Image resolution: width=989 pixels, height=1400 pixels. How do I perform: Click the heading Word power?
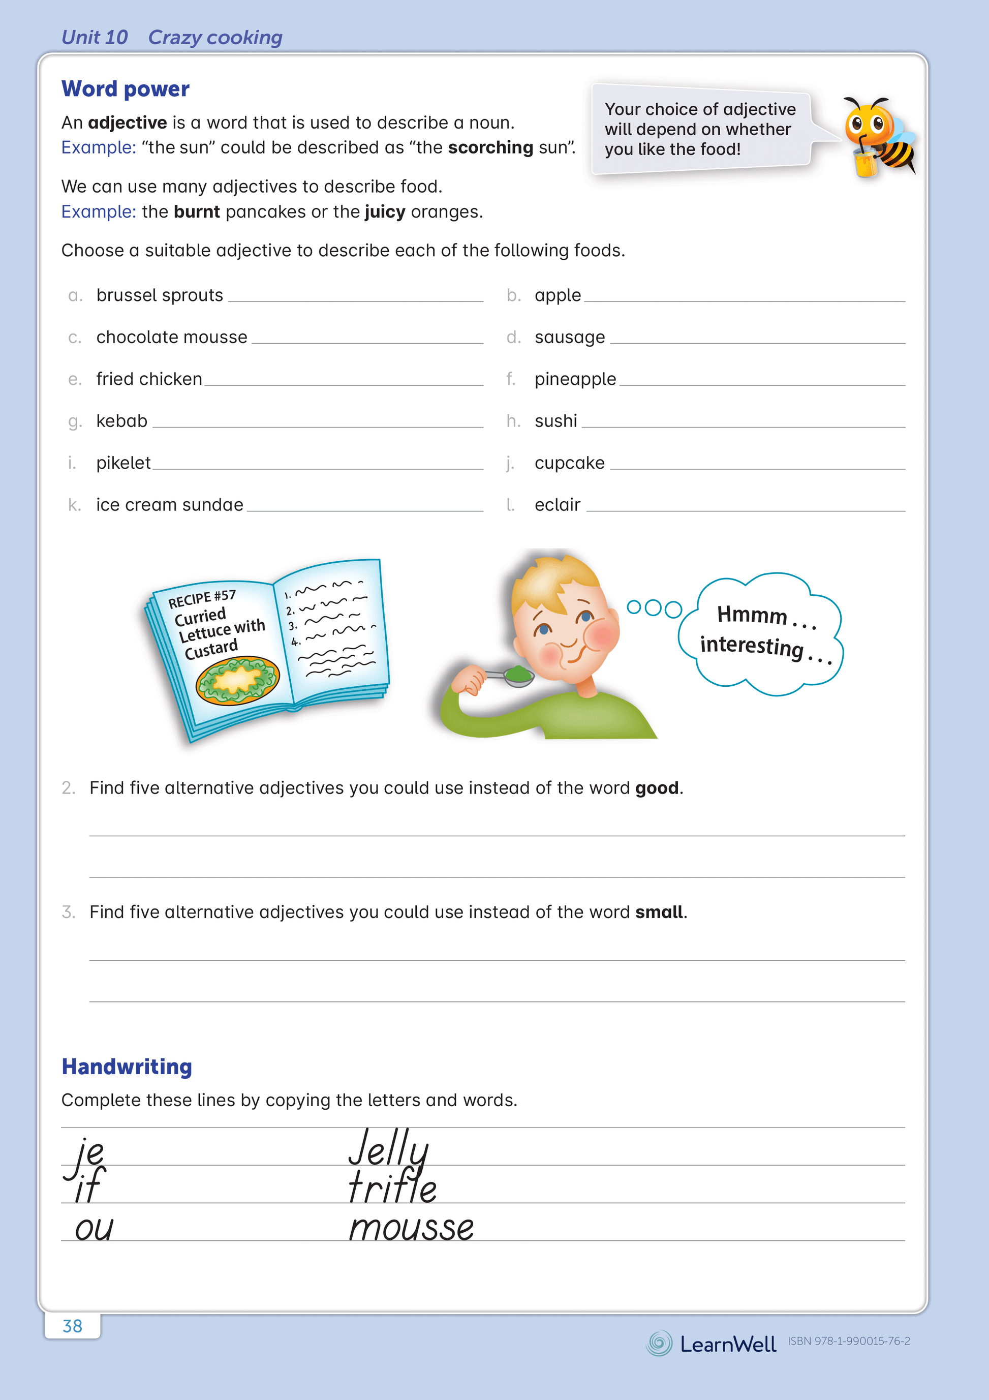coord(125,89)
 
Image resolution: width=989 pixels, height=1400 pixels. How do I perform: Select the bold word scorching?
coord(490,147)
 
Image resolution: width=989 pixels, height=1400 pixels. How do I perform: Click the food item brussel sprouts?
coord(160,295)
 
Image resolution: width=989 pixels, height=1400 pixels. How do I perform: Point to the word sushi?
coord(555,421)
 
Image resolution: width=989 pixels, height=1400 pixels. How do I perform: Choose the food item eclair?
coord(558,505)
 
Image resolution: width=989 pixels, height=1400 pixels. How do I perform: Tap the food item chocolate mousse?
coord(171,337)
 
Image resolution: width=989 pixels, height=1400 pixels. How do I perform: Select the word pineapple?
coord(575,379)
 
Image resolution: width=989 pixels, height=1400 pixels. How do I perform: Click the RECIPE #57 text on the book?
coord(202,599)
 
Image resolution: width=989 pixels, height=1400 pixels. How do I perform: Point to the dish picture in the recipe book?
coord(237,680)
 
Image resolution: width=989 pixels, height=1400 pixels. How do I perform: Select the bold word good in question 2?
coord(656,788)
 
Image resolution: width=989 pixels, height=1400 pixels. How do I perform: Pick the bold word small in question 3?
coord(659,912)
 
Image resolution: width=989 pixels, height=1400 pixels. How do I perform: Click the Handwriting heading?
coord(127,1067)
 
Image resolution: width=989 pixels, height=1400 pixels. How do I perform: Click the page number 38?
coord(73,1326)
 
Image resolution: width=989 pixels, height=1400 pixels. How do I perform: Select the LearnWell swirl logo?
coord(659,1343)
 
